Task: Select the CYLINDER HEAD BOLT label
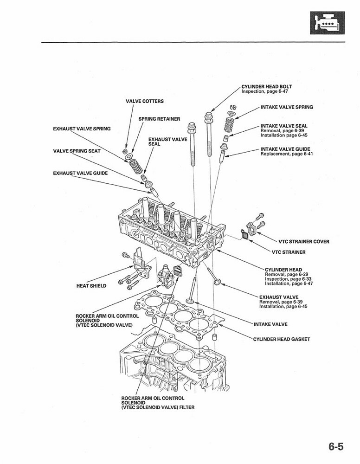(266, 86)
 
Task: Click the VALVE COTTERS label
(144, 101)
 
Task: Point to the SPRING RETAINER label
(159, 119)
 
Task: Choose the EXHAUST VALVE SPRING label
(82, 129)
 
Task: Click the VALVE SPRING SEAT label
(77, 151)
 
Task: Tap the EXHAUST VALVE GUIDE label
(80, 173)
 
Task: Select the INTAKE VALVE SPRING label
(286, 107)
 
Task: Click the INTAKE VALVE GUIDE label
(285, 149)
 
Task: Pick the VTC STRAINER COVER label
(303, 242)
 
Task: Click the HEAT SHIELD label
(91, 286)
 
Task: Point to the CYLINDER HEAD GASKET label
(281, 339)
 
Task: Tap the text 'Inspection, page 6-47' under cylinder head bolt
(264, 91)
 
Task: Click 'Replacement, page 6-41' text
(286, 154)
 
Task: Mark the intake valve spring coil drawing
(228, 124)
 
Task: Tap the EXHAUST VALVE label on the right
(279, 297)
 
